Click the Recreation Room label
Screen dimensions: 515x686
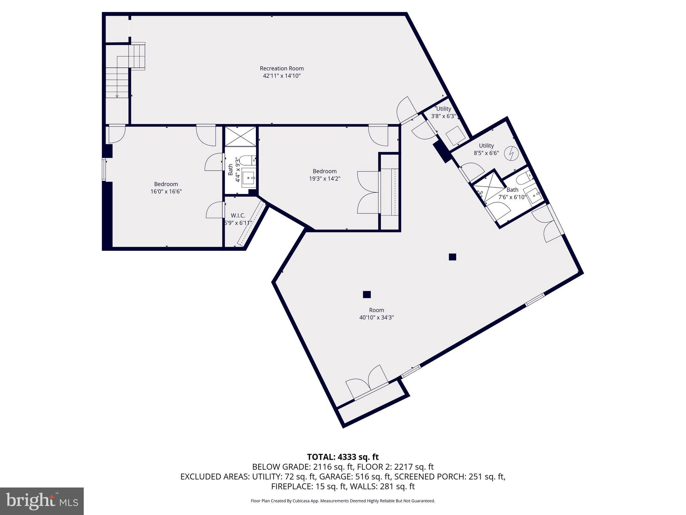282,68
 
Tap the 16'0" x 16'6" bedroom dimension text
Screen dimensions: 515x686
166,191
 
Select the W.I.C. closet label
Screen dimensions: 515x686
238,216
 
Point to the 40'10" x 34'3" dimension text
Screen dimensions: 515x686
376,318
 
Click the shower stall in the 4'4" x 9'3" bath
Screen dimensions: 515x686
240,136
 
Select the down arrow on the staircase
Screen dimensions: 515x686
117,96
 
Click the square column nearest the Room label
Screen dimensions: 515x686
367,294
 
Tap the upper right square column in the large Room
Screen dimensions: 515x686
452,257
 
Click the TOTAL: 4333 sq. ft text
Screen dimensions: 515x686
343,457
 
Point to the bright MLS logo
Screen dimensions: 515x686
42,501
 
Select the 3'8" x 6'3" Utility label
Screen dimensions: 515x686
443,113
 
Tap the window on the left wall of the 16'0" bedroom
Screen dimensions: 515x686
104,170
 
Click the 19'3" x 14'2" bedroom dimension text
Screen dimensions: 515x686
325,179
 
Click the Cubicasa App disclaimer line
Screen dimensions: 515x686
343,501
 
